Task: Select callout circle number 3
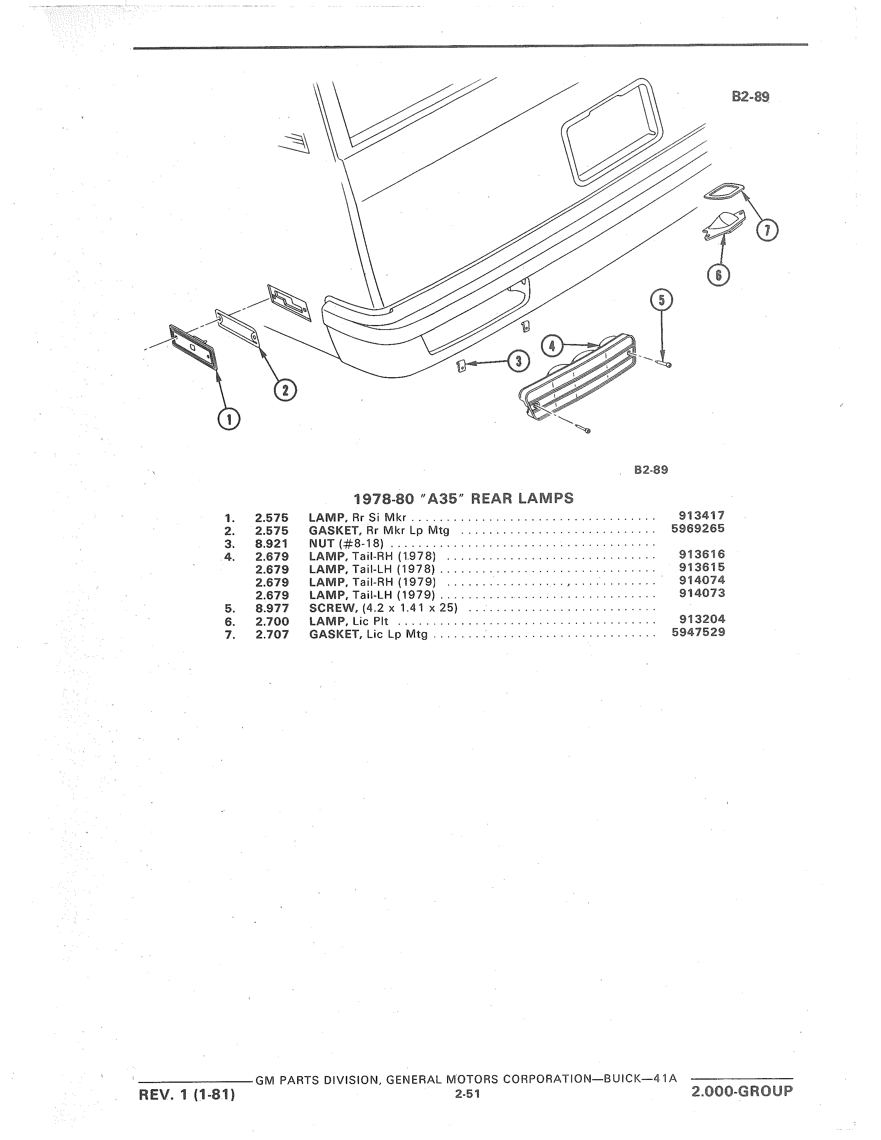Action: coord(518,362)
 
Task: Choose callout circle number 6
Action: coord(719,275)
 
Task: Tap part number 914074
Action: coord(702,580)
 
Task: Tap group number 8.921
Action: coord(272,544)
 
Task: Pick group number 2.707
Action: coord(272,635)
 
